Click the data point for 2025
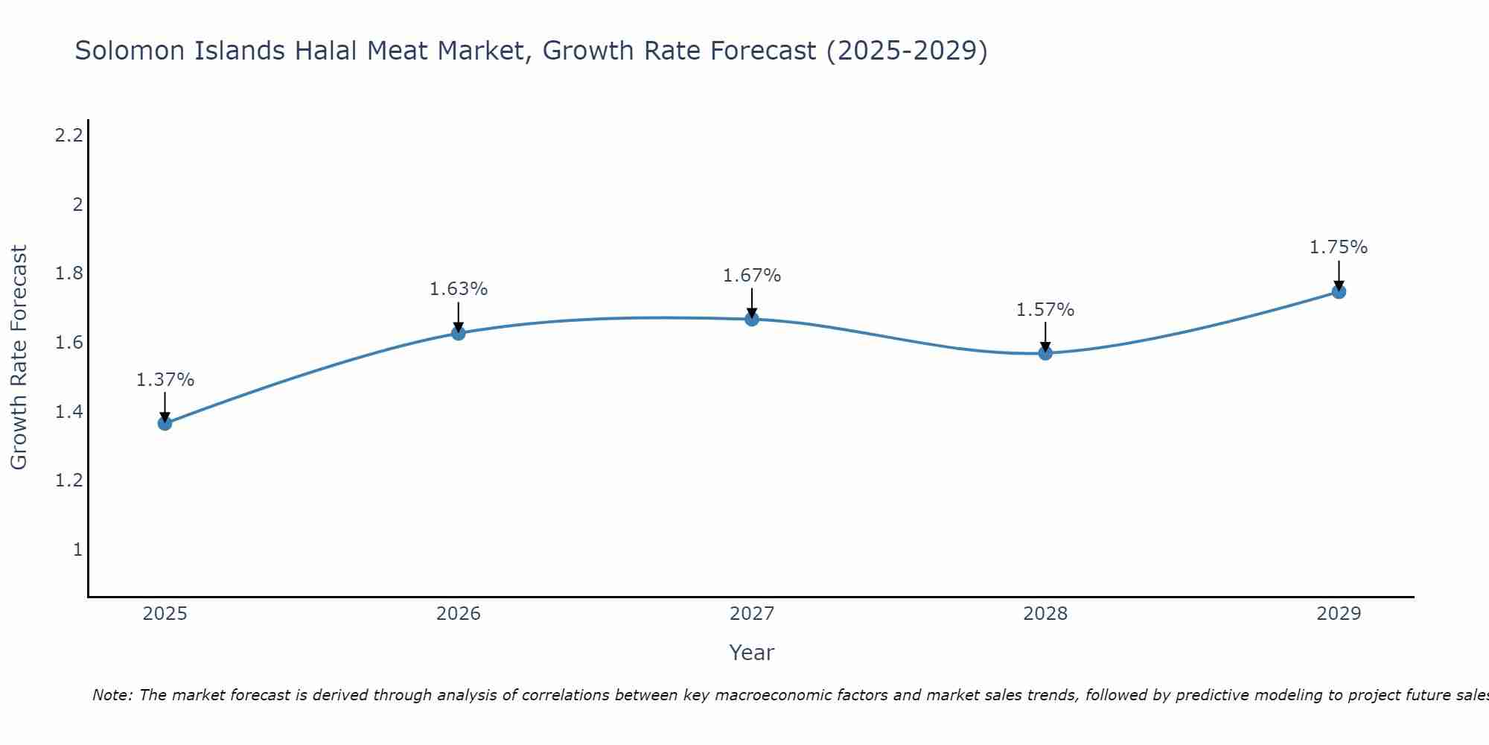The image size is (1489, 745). click(165, 423)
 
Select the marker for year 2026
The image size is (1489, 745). click(459, 333)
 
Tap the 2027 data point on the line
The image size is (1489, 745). click(752, 319)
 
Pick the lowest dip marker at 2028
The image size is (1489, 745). click(1045, 353)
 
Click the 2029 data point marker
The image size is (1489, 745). click(1339, 291)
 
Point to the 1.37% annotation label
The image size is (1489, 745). click(165, 380)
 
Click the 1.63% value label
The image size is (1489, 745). click(459, 289)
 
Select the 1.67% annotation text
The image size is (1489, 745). click(752, 276)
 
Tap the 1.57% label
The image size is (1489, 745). click(1045, 310)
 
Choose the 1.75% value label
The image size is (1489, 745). click(1339, 247)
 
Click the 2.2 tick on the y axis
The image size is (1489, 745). click(69, 136)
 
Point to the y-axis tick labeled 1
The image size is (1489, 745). click(77, 550)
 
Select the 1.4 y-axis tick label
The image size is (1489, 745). click(69, 412)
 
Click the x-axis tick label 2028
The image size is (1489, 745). click(1045, 614)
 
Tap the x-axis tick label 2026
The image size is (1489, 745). click(459, 614)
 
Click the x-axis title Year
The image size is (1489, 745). click(752, 653)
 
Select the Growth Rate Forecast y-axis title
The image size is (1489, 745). click(19, 358)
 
